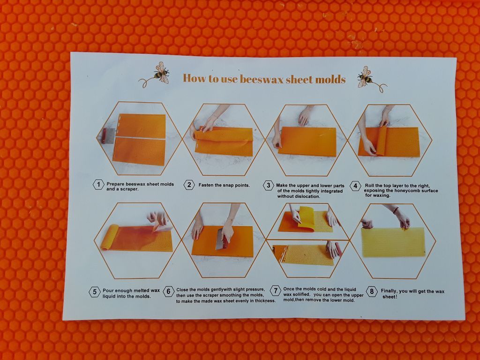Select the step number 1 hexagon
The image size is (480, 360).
(98, 185)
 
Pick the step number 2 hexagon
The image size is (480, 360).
(189, 185)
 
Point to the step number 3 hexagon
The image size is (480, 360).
(268, 186)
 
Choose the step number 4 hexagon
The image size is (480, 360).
(355, 186)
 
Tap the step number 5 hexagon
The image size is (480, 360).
(94, 292)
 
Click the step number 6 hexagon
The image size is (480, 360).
(168, 292)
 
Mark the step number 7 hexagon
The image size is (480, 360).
(276, 291)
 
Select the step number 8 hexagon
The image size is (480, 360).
(372, 292)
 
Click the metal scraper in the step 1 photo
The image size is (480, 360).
(108, 136)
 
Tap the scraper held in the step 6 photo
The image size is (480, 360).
(222, 238)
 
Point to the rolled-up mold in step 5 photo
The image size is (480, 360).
(109, 237)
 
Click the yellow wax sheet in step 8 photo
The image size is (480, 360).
(393, 242)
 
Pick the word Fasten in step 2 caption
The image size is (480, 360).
(206, 185)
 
